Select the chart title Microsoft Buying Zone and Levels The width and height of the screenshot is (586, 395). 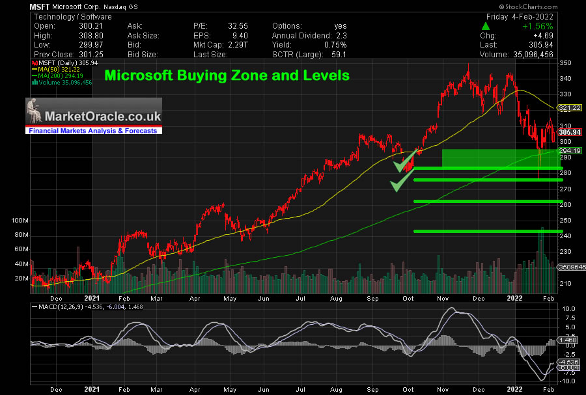coord(227,75)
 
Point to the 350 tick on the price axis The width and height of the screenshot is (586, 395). coord(565,63)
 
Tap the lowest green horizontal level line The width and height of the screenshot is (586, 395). coord(487,232)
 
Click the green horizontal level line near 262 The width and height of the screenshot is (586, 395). coord(487,202)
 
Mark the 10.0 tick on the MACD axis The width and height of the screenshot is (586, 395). coord(568,308)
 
